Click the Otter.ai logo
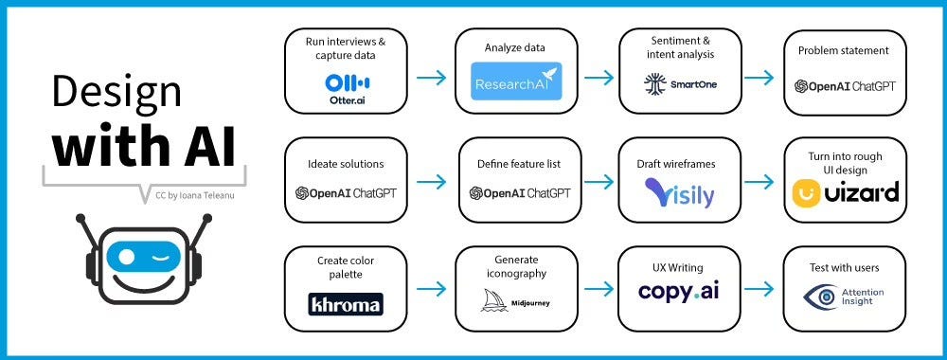tap(347, 86)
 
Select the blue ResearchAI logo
tap(516, 81)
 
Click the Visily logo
tap(680, 193)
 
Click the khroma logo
tap(346, 304)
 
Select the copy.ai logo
tap(679, 292)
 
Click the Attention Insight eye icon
tap(820, 297)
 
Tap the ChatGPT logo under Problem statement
tap(845, 86)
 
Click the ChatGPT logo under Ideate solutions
tap(346, 193)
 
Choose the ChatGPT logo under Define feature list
tap(520, 193)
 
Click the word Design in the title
tap(116, 93)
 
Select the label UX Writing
tap(678, 268)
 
